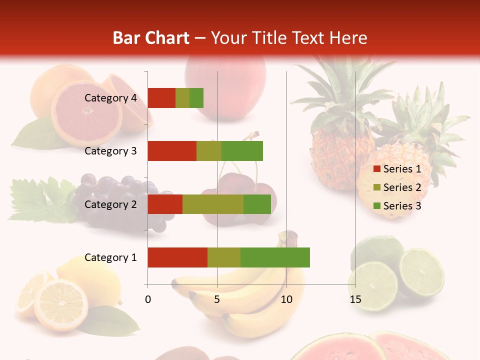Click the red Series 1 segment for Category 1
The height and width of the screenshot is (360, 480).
(x=177, y=257)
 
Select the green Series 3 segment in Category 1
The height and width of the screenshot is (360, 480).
(x=275, y=257)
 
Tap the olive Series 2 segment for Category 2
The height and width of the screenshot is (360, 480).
(x=213, y=204)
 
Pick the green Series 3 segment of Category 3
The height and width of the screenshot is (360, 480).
(x=242, y=151)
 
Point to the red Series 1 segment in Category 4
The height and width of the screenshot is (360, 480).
(x=161, y=98)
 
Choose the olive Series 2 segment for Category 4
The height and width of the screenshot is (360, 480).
(x=182, y=98)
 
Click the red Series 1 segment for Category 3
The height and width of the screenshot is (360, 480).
(x=172, y=151)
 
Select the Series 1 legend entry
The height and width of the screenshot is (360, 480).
(x=397, y=169)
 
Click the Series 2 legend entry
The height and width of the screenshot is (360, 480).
(x=397, y=187)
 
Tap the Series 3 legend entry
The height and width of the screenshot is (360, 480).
(x=397, y=206)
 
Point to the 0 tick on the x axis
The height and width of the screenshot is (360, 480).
(x=148, y=299)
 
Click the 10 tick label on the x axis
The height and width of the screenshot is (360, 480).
(x=286, y=299)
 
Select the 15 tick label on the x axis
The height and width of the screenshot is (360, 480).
(x=355, y=299)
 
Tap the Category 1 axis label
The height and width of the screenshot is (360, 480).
(x=110, y=257)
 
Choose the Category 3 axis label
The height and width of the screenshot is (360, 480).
(x=110, y=151)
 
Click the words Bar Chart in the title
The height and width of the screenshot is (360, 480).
(x=151, y=38)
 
